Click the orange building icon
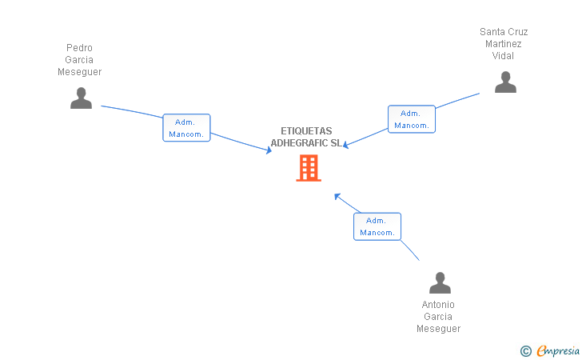point(309,168)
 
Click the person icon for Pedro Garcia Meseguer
point(81,98)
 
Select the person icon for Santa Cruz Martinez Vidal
point(505,82)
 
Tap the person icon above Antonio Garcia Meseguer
point(440,283)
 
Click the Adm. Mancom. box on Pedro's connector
point(186,128)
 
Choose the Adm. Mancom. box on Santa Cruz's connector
point(412,119)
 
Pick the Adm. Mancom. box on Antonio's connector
point(377,226)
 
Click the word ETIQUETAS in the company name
point(306,131)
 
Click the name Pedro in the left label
point(79,48)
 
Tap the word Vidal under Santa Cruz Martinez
point(504,56)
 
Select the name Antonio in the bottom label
point(438,305)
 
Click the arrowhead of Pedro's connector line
point(269,150)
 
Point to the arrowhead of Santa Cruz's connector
point(345,145)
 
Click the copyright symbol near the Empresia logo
point(525,350)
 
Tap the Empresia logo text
point(558,350)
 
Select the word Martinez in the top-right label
point(504,44)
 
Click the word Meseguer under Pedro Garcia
point(79,72)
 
